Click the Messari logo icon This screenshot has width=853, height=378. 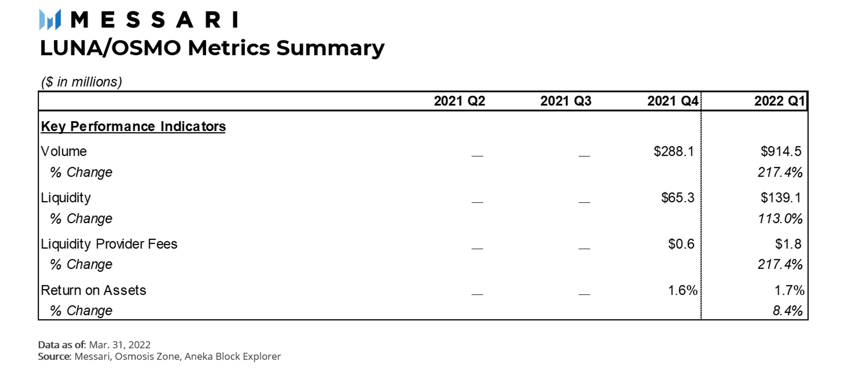click(x=50, y=19)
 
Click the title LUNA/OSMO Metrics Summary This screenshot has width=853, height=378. click(x=212, y=48)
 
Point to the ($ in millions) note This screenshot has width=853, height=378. click(x=82, y=82)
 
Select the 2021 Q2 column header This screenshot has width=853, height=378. click(x=460, y=101)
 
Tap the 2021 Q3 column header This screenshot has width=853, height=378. click(x=566, y=101)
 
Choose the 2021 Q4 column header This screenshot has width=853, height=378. click(x=673, y=101)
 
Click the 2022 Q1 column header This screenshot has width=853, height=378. click(x=780, y=101)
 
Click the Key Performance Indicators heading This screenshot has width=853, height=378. click(x=133, y=126)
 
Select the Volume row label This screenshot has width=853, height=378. click(x=64, y=151)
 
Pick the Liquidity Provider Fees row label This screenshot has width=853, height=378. click(x=109, y=244)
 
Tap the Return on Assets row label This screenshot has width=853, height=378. click(x=94, y=290)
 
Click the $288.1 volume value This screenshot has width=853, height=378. click(x=674, y=151)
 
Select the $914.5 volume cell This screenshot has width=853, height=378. click(x=781, y=151)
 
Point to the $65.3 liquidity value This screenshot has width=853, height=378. click(x=678, y=197)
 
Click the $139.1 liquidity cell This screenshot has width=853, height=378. click(x=781, y=197)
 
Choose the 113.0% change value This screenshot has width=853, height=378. click(x=780, y=219)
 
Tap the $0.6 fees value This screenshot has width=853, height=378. click(x=681, y=244)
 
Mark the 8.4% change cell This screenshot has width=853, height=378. click(x=788, y=311)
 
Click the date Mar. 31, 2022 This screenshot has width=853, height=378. click(x=120, y=345)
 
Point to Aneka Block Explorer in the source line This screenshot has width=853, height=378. click(x=233, y=356)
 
